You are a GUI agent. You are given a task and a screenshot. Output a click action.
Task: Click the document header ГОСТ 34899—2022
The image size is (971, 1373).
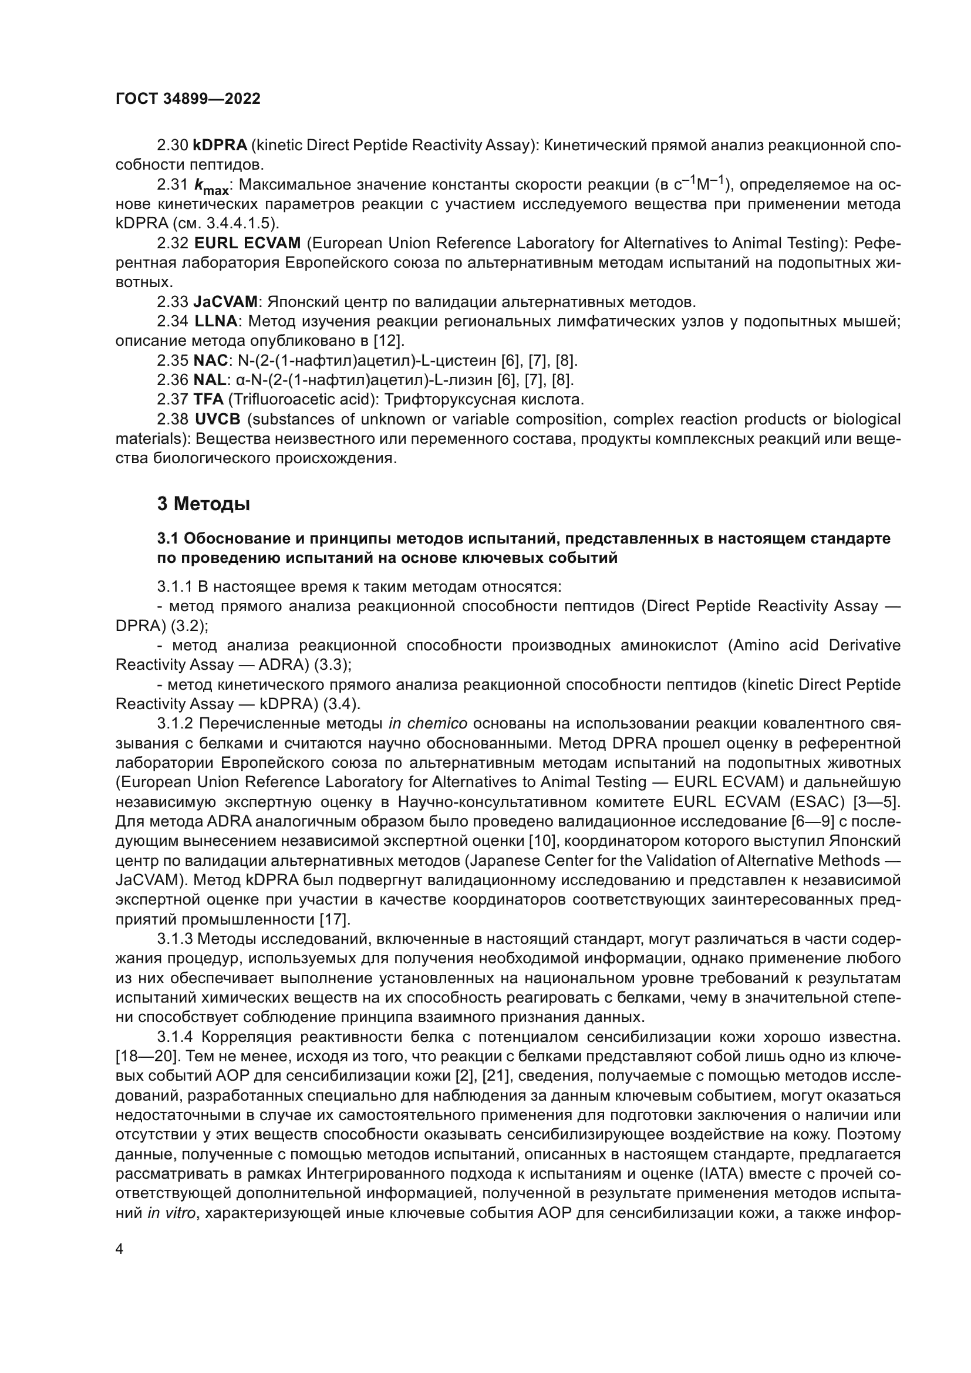tap(188, 99)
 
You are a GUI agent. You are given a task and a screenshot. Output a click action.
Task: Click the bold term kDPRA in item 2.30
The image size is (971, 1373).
tap(220, 146)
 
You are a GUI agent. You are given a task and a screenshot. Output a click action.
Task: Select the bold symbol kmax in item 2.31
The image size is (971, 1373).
tap(211, 187)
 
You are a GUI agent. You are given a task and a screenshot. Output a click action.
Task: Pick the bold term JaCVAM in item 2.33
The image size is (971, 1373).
tap(225, 301)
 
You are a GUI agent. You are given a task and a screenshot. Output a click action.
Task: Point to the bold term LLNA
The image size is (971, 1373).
tap(216, 321)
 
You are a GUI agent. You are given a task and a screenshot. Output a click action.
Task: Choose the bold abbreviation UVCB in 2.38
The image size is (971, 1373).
tap(218, 419)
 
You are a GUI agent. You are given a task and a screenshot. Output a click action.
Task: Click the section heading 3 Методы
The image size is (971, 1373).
tap(203, 504)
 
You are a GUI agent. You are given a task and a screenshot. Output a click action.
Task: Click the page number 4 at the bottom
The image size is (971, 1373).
tap(120, 1250)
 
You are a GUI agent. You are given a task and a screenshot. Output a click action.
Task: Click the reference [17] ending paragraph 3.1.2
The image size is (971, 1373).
tap(335, 919)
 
